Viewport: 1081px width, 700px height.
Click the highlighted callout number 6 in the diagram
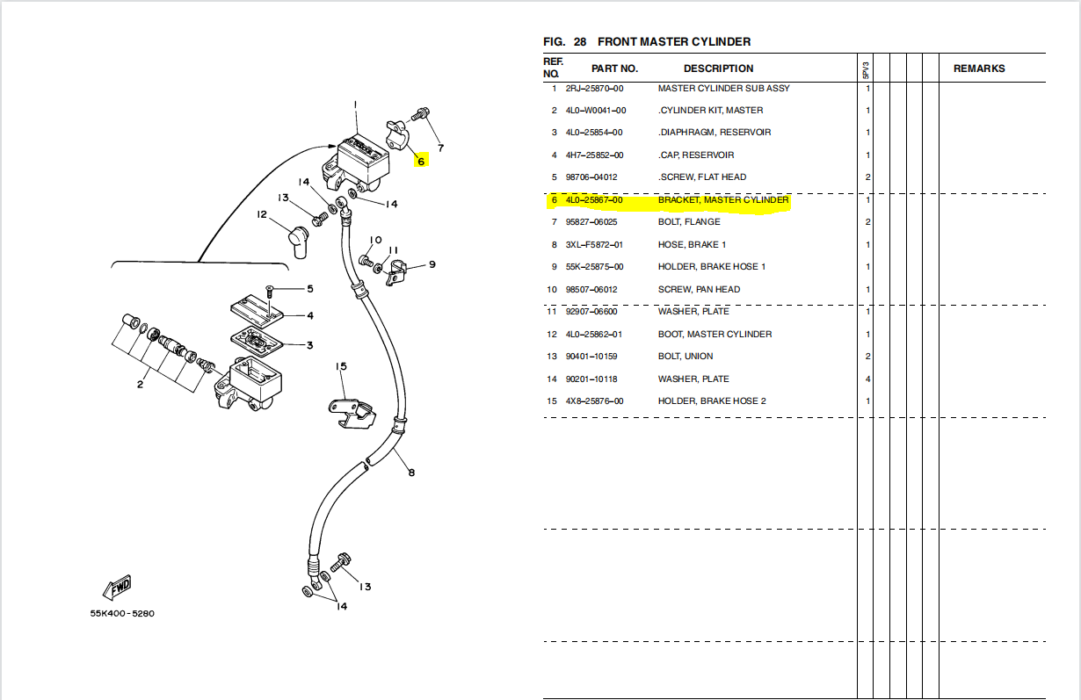click(x=421, y=162)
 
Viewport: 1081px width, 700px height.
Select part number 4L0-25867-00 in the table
click(x=594, y=200)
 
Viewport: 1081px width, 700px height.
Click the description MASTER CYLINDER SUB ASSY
click(x=723, y=88)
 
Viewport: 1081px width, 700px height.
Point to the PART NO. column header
click(x=614, y=69)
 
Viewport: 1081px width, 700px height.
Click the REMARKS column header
click(x=979, y=69)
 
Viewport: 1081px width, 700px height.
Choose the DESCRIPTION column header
click(x=718, y=69)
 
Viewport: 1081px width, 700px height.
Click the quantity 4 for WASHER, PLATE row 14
click(x=867, y=379)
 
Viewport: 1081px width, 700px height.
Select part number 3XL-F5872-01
click(x=594, y=245)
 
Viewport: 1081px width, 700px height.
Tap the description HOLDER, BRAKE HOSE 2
click(x=712, y=401)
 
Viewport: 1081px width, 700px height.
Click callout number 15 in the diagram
click(x=341, y=366)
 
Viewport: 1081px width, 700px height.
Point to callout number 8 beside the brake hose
click(x=410, y=473)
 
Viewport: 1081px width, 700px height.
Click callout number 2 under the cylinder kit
click(x=140, y=384)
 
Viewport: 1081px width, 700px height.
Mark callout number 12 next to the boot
click(x=262, y=215)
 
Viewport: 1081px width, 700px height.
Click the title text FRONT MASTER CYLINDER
click(x=674, y=42)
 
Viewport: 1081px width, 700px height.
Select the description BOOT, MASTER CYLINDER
click(x=715, y=335)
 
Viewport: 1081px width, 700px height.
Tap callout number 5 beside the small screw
click(x=309, y=289)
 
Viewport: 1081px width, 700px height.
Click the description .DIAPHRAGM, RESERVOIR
click(x=715, y=133)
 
